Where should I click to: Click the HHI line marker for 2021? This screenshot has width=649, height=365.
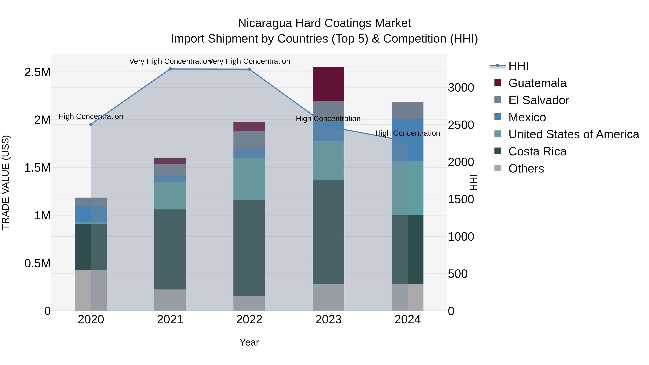[170, 69]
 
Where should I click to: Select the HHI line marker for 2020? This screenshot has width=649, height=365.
[91, 124]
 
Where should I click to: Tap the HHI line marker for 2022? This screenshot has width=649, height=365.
[249, 69]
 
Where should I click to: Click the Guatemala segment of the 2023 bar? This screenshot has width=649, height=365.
[328, 84]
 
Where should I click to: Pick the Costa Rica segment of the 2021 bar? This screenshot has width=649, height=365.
[170, 249]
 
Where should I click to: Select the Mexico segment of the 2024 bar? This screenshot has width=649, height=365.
[408, 140]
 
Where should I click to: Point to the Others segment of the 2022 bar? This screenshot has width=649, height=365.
[249, 304]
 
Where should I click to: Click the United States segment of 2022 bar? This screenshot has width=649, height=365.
[249, 179]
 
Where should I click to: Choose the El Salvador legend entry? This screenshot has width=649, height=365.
[538, 100]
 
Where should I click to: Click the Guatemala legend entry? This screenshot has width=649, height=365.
[537, 83]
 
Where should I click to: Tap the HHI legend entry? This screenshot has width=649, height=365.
[518, 66]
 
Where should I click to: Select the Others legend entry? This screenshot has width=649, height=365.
[526, 169]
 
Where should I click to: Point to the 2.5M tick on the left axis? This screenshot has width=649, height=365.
[37, 72]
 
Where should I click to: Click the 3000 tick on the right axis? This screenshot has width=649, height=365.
[461, 88]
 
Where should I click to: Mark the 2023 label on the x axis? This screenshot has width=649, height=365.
[328, 320]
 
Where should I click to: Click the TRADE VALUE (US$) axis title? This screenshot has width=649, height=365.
[6, 182]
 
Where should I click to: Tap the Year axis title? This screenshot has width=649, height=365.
[249, 342]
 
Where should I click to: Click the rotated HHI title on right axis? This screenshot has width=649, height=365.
[474, 182]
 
